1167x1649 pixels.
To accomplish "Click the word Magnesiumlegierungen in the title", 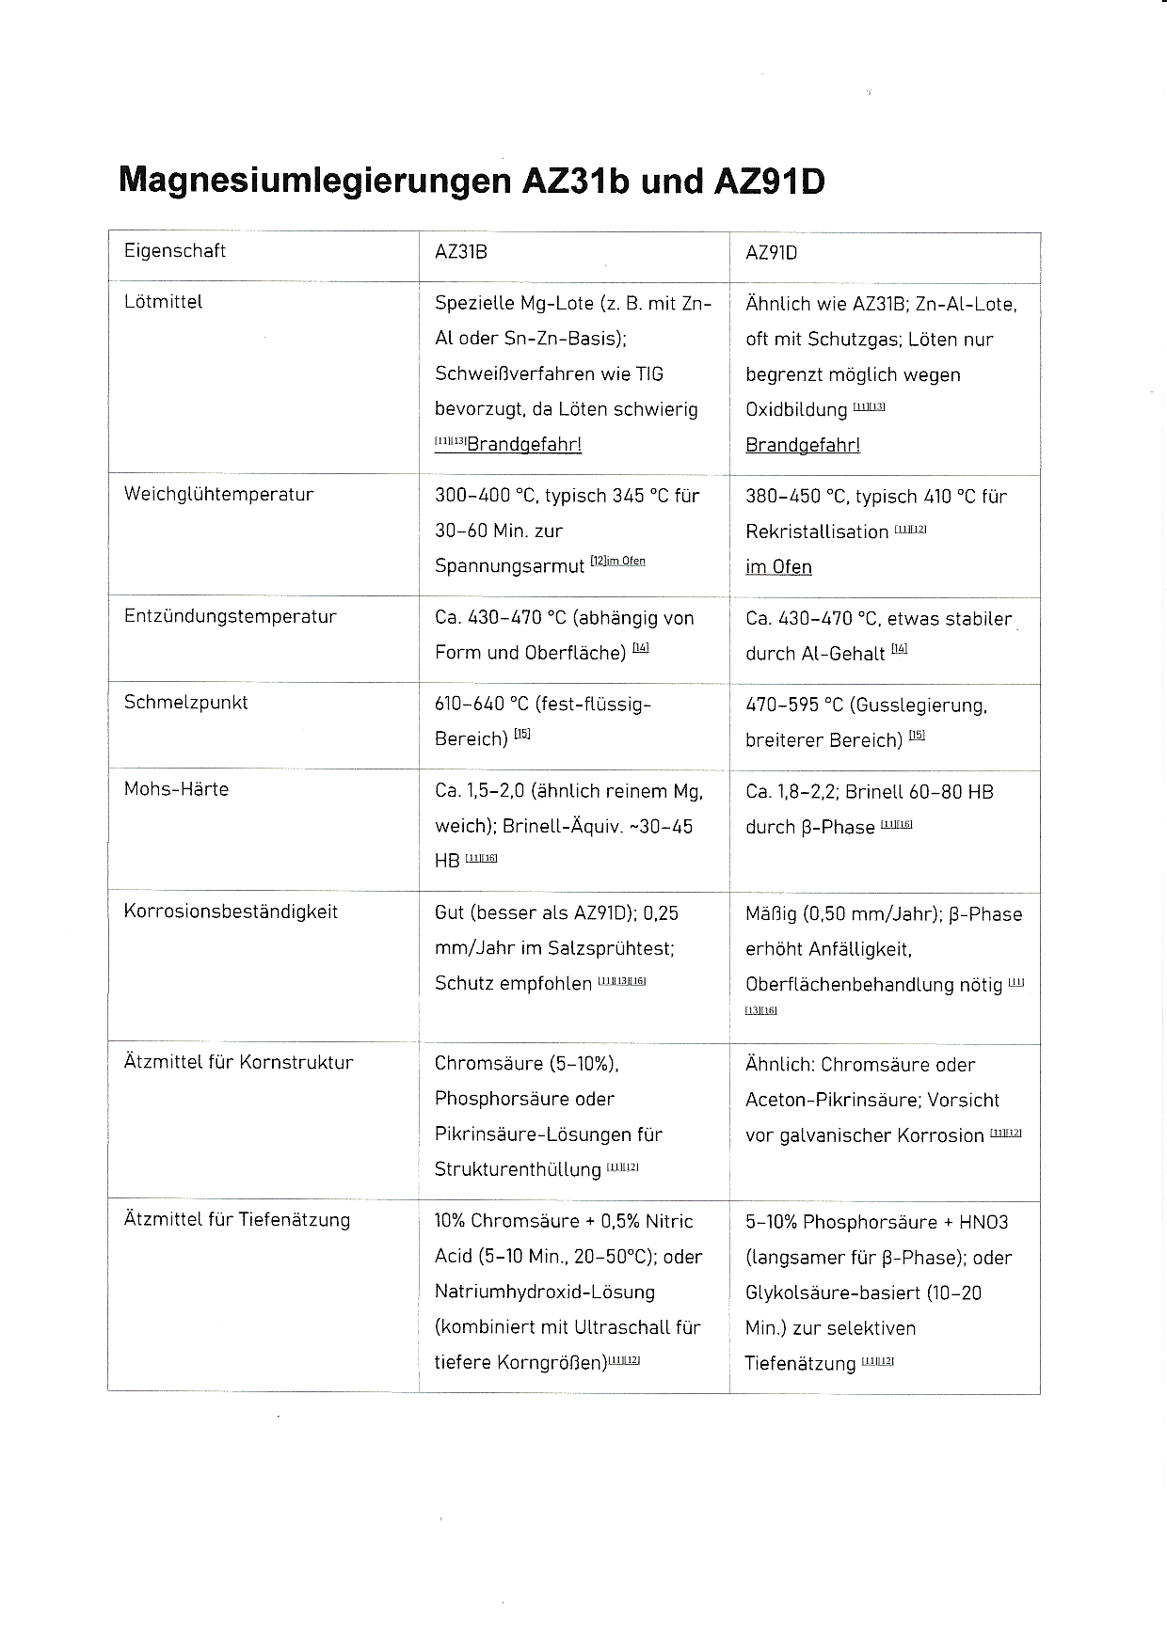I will (x=315, y=181).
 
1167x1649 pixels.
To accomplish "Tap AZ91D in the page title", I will (x=769, y=181).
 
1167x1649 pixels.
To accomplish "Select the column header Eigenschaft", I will (x=175, y=251).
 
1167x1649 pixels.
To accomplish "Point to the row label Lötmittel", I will (x=164, y=302).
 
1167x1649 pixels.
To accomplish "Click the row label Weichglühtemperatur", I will (x=219, y=494).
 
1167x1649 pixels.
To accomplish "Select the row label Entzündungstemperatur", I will (x=231, y=616).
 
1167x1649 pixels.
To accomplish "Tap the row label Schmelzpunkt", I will (x=186, y=702).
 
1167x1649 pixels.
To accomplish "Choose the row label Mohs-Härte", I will (x=177, y=788).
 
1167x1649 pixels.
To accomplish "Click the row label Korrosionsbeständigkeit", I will (x=232, y=911).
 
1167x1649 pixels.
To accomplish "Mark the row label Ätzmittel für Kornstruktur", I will (x=239, y=1062).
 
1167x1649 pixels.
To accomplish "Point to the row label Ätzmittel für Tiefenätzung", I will (x=237, y=1219).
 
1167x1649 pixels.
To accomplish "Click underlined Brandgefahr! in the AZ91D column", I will (x=803, y=445).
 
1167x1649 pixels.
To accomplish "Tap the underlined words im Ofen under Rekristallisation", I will (x=778, y=566).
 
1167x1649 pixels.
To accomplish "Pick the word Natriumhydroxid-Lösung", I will (x=545, y=1292).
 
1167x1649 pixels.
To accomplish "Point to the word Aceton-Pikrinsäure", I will (x=825, y=1100).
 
